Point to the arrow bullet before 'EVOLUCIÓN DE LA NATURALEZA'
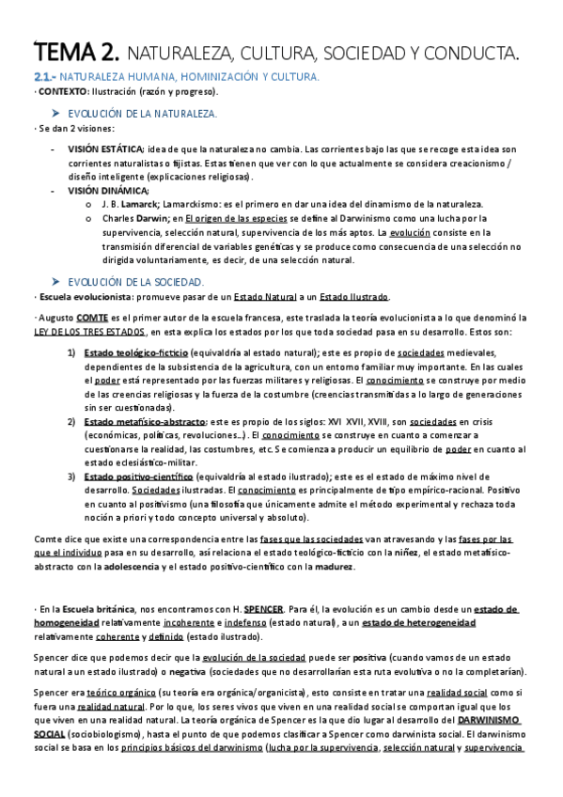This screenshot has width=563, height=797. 56,113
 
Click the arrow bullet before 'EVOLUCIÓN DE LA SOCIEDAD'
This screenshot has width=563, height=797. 56,255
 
